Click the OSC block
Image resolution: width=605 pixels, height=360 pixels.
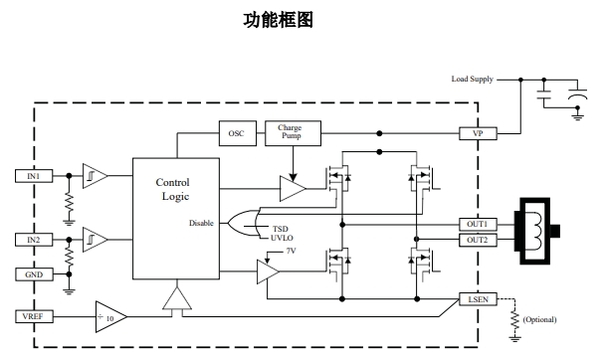pos(237,133)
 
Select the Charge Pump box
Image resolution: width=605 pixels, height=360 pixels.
pos(293,133)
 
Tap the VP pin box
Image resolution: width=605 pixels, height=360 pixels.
pos(478,133)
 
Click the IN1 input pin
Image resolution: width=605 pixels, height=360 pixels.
pos(34,176)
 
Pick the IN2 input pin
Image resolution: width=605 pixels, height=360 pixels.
pos(34,240)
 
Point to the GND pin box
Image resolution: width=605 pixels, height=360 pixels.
pos(34,274)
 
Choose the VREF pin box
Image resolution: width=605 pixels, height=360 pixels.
pos(34,316)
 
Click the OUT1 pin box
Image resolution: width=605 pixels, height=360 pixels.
pos(478,224)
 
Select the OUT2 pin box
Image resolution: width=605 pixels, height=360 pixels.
pos(478,240)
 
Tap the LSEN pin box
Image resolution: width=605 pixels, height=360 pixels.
pos(478,299)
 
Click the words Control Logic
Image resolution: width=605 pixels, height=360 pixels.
pos(173,189)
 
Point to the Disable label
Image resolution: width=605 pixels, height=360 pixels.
pos(201,223)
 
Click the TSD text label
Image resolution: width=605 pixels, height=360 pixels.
pos(281,229)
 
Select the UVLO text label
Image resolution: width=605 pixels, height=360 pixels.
pos(282,238)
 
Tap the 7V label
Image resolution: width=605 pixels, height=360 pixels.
pos(291,251)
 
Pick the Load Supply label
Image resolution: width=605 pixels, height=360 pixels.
pos(473,79)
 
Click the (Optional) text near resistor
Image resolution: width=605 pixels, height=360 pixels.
pos(539,319)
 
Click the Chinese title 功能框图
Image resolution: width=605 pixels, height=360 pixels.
pos(278,20)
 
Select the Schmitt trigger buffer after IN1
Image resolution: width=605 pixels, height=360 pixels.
pos(94,176)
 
